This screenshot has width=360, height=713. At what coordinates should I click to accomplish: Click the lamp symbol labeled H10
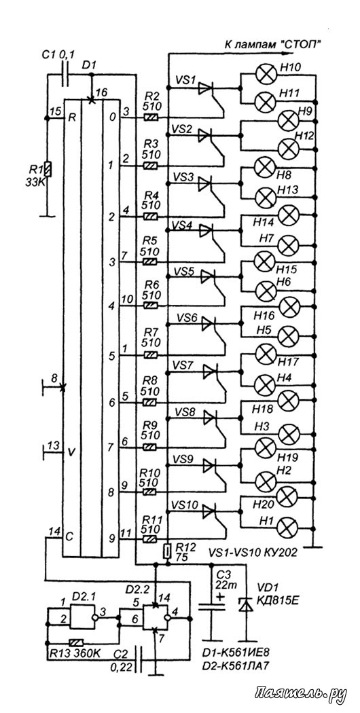(x=264, y=75)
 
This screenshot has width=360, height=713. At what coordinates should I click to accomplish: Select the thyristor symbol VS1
(x=206, y=89)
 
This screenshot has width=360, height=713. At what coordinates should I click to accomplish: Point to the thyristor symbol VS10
(x=209, y=511)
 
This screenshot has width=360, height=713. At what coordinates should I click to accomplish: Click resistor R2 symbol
(x=151, y=117)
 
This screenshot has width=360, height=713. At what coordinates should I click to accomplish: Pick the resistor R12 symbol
(x=168, y=551)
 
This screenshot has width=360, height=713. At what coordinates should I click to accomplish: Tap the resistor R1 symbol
(x=48, y=169)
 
